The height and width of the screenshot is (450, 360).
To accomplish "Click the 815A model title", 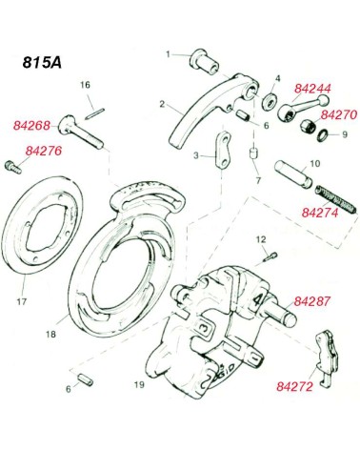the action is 42,62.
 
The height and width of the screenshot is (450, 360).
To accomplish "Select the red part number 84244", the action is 312,89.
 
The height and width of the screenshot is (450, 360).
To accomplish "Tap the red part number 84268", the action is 31,126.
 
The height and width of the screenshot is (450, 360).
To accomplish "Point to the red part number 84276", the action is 44,151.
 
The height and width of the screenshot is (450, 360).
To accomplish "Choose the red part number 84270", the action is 339,114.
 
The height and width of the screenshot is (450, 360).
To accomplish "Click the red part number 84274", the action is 320,213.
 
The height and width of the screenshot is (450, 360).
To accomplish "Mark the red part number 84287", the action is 312,301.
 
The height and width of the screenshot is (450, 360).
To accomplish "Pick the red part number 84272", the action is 294,386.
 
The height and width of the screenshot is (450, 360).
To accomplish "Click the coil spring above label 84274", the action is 335,200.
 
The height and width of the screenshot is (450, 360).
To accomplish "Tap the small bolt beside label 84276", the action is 13,167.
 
